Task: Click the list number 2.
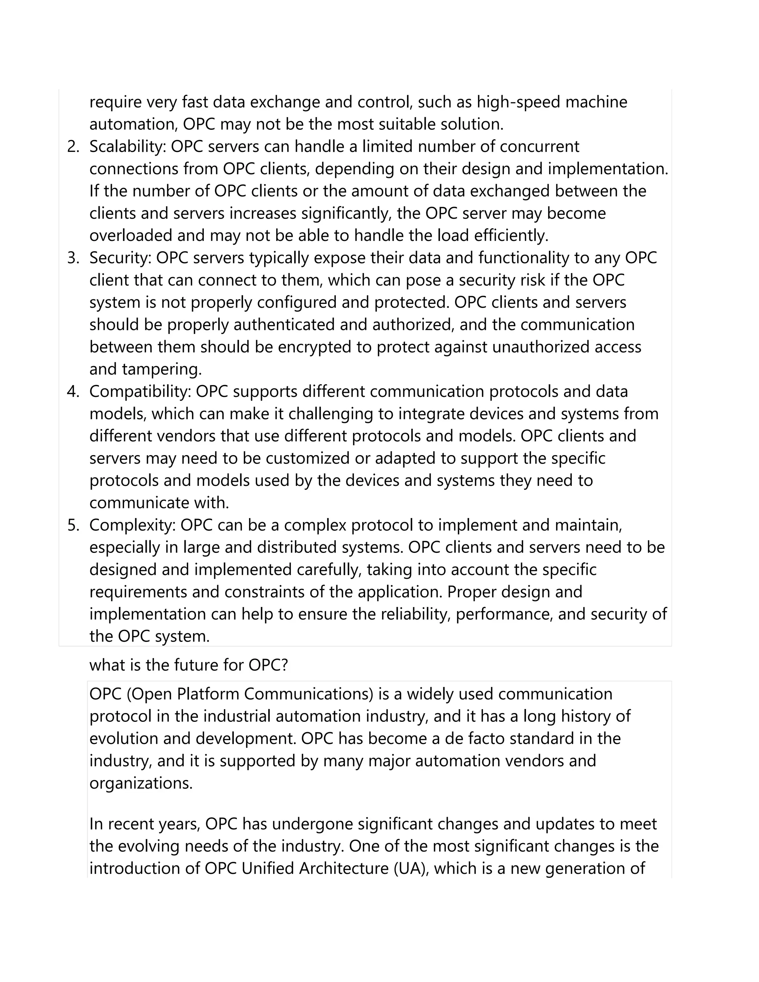coord(73,147)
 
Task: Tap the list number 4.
coord(73,392)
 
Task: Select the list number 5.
coord(73,525)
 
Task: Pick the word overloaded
coord(130,236)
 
